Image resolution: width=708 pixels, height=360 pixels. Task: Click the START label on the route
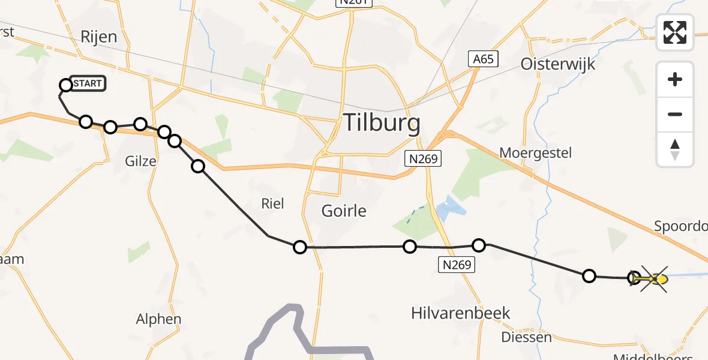coord(88,83)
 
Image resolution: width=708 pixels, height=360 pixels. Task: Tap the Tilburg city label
coord(381,123)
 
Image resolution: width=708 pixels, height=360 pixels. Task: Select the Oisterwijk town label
coord(558,64)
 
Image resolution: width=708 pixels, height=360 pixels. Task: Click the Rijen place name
coord(98,37)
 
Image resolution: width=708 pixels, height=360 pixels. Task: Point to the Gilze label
coord(141,161)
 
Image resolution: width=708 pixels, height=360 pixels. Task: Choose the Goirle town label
coord(344,211)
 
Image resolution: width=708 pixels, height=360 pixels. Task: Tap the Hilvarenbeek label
coord(461,313)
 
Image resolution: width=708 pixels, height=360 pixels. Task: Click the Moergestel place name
coord(536,152)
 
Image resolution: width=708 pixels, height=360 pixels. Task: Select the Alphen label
coord(158,319)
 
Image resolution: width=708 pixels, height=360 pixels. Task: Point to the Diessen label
coord(526,337)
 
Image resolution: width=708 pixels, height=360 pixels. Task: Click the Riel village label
coord(272,203)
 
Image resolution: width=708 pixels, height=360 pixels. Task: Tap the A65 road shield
coord(483,58)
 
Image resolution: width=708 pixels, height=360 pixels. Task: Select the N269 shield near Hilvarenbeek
coord(458,263)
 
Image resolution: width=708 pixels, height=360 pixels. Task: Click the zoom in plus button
coord(675,79)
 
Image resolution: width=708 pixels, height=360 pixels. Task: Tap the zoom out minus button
coord(675,114)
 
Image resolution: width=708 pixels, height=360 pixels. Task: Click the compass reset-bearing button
coord(675,149)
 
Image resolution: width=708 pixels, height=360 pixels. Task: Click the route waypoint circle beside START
coord(66,85)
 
